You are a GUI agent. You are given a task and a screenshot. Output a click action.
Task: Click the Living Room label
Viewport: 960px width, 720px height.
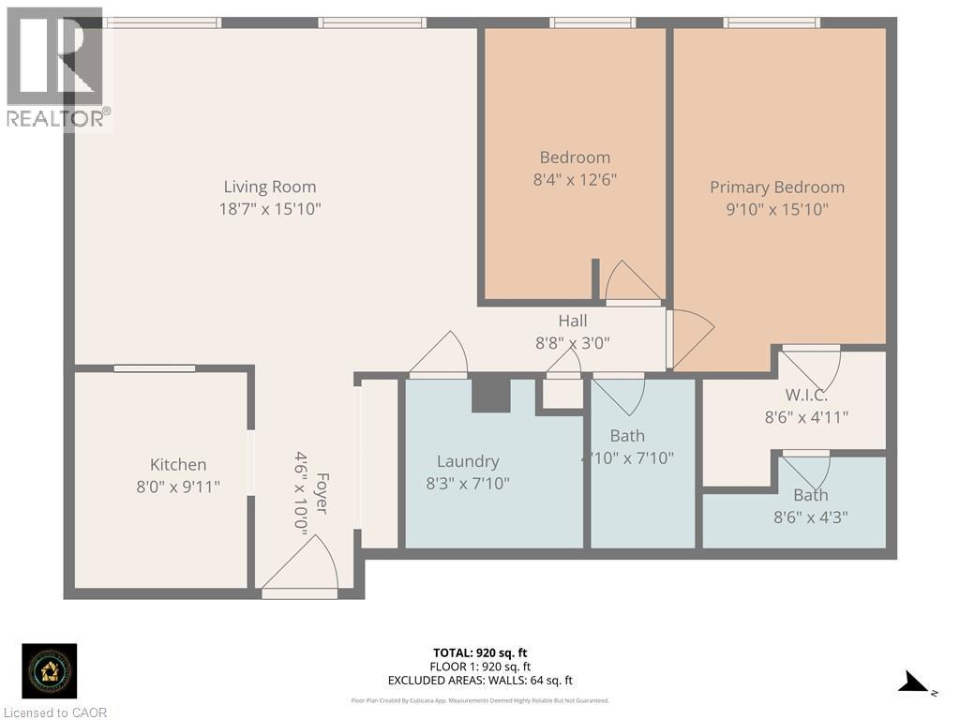(x=270, y=187)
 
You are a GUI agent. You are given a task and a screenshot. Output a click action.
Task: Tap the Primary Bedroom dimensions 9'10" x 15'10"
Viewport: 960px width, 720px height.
(x=776, y=210)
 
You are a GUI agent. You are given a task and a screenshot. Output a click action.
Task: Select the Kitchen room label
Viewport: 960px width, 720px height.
(x=178, y=464)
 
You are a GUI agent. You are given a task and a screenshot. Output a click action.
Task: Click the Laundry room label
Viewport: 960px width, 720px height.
(x=468, y=461)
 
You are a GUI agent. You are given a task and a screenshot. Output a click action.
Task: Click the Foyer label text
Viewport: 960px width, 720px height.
(x=322, y=492)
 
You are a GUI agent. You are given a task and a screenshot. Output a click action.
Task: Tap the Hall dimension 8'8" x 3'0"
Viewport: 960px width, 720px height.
(x=572, y=343)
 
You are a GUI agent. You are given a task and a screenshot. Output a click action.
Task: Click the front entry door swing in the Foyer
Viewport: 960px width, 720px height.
(x=302, y=565)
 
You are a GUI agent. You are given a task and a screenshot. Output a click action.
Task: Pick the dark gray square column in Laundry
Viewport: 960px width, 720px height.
(x=489, y=394)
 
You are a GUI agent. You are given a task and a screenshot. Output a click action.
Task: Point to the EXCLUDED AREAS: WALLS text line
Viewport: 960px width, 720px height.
(x=480, y=681)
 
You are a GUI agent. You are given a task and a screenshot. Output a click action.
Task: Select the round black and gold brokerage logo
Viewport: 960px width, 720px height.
(x=50, y=670)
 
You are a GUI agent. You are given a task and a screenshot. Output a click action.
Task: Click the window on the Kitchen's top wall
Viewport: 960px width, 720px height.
(x=155, y=368)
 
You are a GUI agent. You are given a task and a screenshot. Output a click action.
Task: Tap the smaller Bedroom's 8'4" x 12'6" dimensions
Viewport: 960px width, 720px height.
(x=575, y=179)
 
